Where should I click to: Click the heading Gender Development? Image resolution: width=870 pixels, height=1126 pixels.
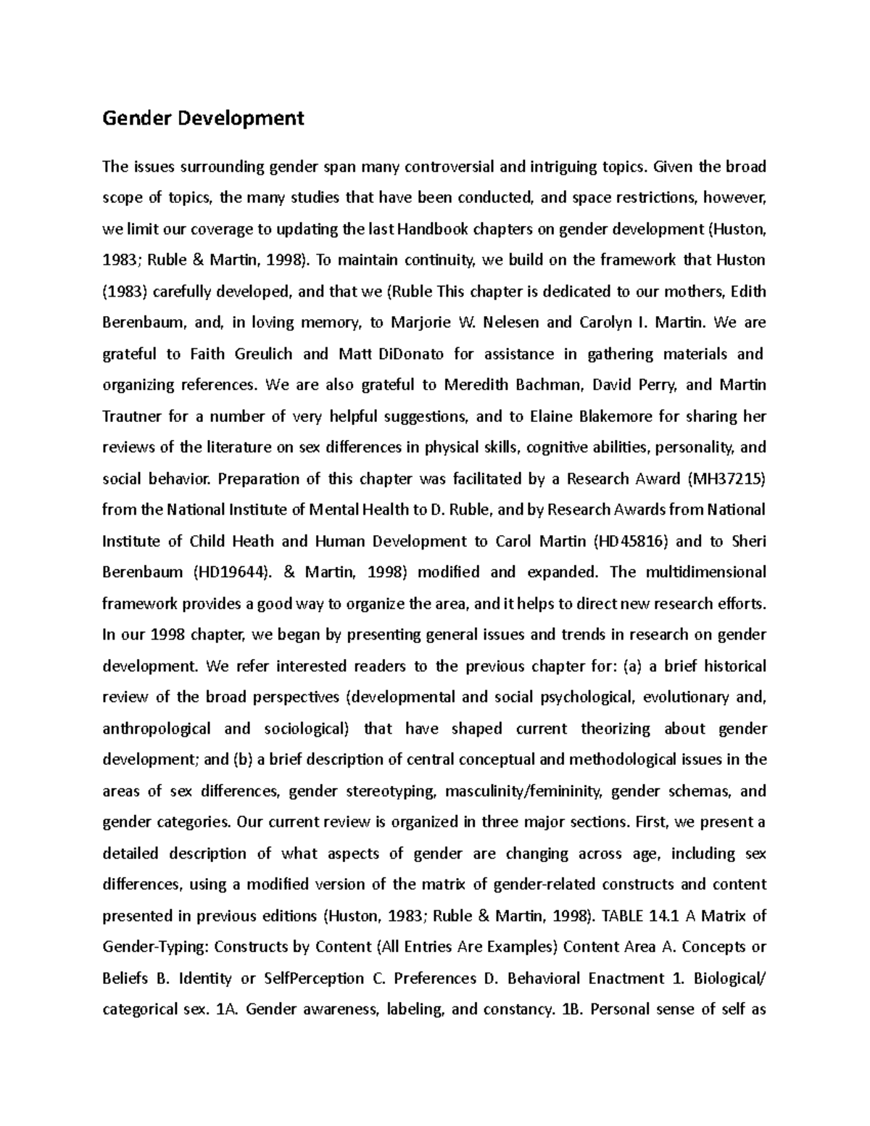pyautogui.click(x=203, y=118)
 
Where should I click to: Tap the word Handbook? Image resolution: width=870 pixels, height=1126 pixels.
pyautogui.click(x=431, y=230)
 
